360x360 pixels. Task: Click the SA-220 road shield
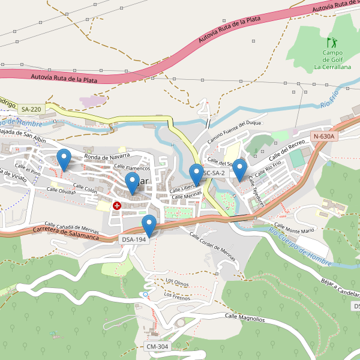tap(31, 109)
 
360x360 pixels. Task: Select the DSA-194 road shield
tap(134, 239)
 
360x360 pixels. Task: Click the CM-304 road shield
tap(157, 347)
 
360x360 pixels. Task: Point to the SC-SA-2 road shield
tap(214, 173)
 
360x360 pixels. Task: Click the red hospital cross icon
tap(117, 205)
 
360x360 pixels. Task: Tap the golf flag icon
tap(332, 43)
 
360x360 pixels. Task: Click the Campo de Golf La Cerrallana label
tap(332, 60)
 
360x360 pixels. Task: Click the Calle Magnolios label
tap(244, 317)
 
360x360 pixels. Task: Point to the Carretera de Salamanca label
tap(66, 233)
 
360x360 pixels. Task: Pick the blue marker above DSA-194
tap(149, 226)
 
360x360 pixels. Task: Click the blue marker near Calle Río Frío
tap(240, 169)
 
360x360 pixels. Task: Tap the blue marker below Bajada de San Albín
tap(64, 159)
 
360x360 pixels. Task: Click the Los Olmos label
tap(177, 281)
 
